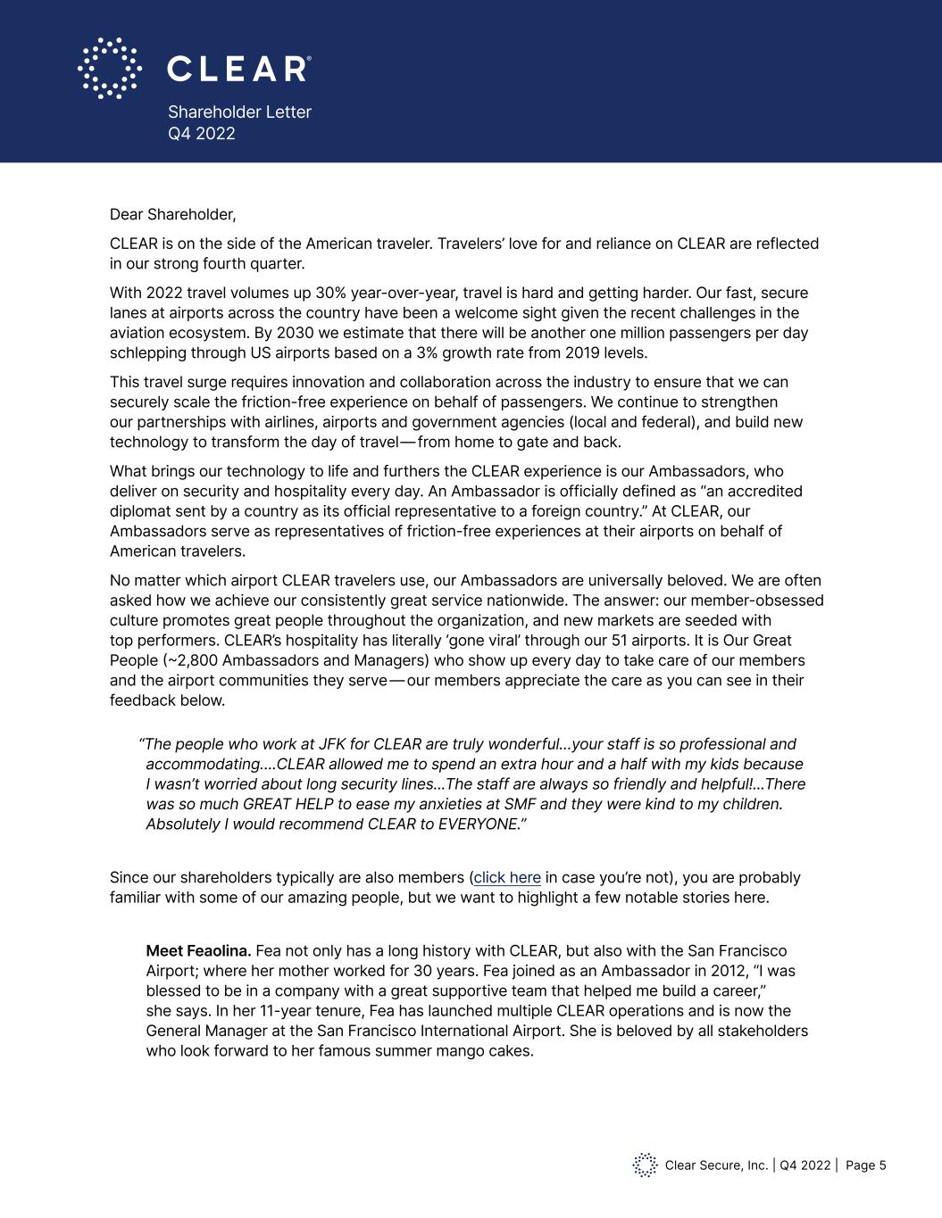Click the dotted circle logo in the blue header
coord(110,68)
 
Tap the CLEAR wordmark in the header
coord(238,69)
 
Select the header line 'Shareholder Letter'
coord(239,112)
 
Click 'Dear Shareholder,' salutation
coord(172,214)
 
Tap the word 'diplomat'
coord(140,511)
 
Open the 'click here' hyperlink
coord(507,877)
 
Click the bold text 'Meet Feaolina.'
coord(198,951)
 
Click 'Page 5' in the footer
coord(865,1165)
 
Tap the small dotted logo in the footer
coord(645,1165)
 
